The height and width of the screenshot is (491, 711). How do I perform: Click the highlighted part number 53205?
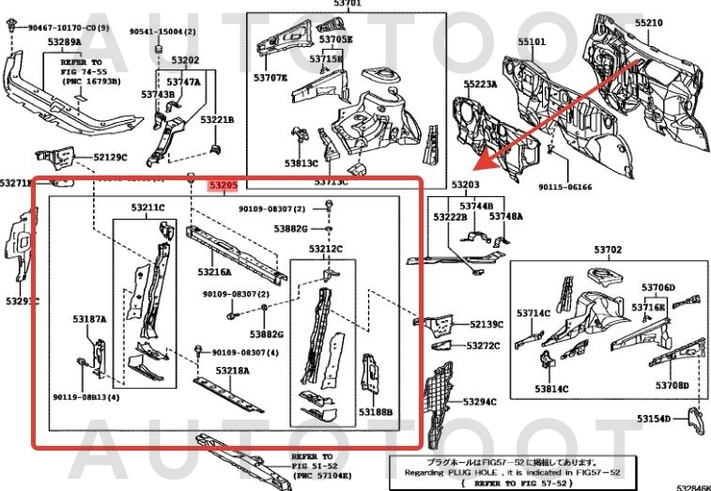pyautogui.click(x=223, y=186)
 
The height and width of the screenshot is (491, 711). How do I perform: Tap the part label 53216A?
pyautogui.click(x=214, y=271)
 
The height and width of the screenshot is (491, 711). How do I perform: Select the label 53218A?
pyautogui.click(x=232, y=371)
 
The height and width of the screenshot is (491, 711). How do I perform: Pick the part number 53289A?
pyautogui.click(x=63, y=42)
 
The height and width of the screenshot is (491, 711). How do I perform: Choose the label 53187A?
pyautogui.click(x=90, y=319)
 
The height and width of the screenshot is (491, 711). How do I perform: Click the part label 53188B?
pyautogui.click(x=376, y=411)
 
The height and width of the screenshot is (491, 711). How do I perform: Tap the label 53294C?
pyautogui.click(x=479, y=401)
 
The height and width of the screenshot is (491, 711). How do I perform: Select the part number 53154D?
pyautogui.click(x=654, y=419)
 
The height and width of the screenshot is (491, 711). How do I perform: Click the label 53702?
pyautogui.click(x=608, y=250)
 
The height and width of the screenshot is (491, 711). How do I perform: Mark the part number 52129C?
pyautogui.click(x=110, y=157)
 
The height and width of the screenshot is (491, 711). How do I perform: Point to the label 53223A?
pyautogui.click(x=479, y=84)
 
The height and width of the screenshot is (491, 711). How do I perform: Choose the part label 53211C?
pyautogui.click(x=147, y=207)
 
